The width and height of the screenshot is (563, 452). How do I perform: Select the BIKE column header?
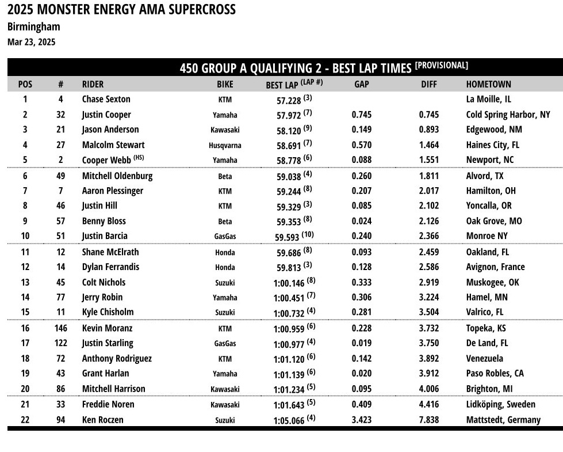(225, 84)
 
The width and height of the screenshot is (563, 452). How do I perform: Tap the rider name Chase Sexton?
(106, 99)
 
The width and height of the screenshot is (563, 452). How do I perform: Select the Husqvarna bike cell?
(225, 146)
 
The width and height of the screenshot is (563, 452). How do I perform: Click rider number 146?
(60, 328)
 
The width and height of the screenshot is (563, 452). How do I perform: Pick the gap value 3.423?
(361, 420)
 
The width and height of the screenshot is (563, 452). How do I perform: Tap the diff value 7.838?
(428, 420)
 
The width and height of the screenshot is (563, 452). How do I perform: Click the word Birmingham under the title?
(33, 26)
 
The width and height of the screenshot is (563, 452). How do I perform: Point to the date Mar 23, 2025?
(32, 41)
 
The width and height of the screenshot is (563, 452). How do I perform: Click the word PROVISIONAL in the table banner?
(442, 66)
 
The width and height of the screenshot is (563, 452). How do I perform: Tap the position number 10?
(25, 236)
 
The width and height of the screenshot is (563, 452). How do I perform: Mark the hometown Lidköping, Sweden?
(500, 404)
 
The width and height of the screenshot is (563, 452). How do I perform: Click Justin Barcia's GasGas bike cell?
(225, 236)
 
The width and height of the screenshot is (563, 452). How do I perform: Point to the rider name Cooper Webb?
(107, 160)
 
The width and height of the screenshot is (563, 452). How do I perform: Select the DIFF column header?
(428, 84)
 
